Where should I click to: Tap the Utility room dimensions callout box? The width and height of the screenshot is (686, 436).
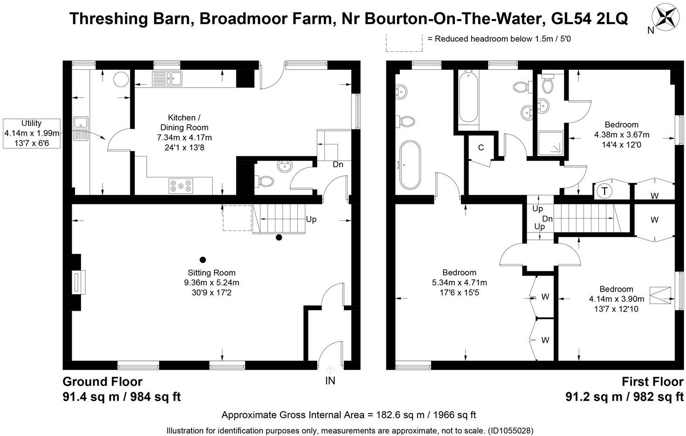coord(32,133)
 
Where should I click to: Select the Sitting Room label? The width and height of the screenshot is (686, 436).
coord(212,272)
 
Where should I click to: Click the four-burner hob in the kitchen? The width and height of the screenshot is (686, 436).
coord(181,186)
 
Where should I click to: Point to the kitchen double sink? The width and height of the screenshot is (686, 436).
coord(167,78)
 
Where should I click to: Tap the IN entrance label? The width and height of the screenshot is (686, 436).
coord(330,381)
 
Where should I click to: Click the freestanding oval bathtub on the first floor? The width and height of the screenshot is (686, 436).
coord(410,165)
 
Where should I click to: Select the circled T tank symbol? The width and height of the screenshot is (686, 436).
coord(604,191)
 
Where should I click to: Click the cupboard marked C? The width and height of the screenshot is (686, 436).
coord(481,148)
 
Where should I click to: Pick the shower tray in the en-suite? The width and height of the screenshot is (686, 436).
coord(551,143)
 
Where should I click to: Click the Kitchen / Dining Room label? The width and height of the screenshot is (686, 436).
coord(184,123)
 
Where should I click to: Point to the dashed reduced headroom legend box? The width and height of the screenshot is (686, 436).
coord(404,42)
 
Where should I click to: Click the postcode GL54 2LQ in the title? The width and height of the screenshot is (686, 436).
coord(590,18)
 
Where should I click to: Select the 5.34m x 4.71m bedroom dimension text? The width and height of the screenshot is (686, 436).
coord(460,283)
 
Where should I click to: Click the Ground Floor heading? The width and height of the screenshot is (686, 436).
coord(102,382)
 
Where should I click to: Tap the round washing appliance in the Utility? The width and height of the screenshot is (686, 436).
coord(121,79)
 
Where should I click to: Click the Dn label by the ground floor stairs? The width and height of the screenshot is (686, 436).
coord(338,164)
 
